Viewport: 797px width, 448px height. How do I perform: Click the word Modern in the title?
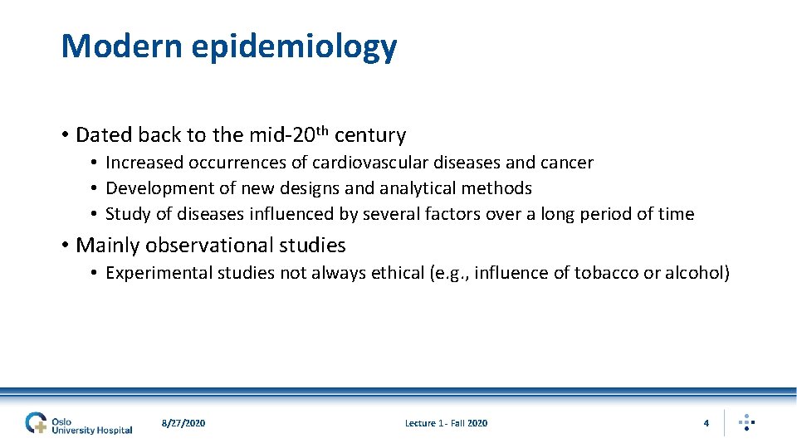(121, 46)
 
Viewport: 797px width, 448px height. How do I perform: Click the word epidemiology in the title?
(294, 48)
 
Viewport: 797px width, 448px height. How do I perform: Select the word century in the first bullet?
(370, 135)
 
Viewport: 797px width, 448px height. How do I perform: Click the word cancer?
(566, 163)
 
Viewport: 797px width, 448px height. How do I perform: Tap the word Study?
(128, 214)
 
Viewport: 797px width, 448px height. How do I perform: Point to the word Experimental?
(159, 273)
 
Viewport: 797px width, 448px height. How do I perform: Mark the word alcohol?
(694, 273)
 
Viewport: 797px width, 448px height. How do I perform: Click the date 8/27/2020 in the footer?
(183, 423)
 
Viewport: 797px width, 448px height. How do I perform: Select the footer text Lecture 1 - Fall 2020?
(446, 423)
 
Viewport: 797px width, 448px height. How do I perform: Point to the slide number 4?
(706, 423)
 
